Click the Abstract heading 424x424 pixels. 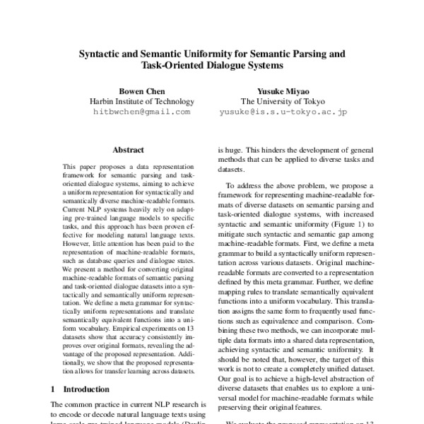tap(129, 150)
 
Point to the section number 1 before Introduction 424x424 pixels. tap(54, 389)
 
